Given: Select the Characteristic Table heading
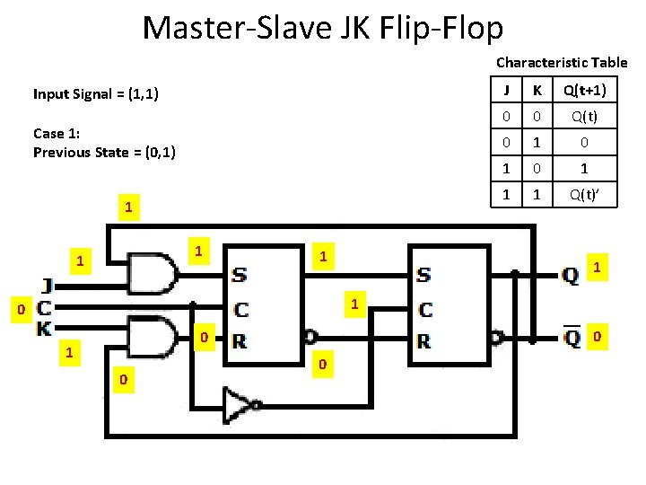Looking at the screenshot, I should coord(562,63).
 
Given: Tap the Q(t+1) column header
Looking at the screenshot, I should coord(584,91).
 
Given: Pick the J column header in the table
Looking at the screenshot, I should coord(506,91).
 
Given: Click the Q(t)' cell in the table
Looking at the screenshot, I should coord(584,193).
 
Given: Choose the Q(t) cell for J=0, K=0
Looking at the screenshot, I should coord(584,117).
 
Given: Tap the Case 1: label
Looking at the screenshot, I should coord(57,134).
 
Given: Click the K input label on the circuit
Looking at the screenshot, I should coord(44,329).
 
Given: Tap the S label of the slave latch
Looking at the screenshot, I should coord(423,274).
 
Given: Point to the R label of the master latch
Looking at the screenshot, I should coord(239,341).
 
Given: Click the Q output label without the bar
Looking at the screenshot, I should coord(570,276).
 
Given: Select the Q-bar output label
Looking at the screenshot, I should coord(570,339).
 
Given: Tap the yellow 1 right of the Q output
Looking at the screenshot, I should coord(598,267).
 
